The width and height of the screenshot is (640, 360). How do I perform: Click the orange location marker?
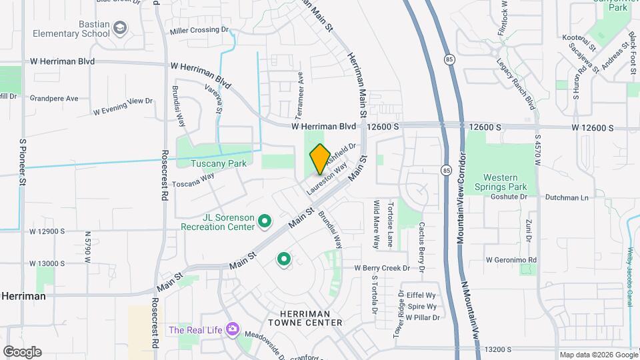pyautogui.click(x=320, y=159)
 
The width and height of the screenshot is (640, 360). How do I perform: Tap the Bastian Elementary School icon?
pyautogui.click(x=120, y=28)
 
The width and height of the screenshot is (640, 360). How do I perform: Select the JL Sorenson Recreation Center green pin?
pyautogui.click(x=264, y=221)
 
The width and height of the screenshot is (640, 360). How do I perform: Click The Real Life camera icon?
pyautogui.click(x=232, y=329)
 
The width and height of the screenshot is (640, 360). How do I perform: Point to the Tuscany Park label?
pyautogui.click(x=219, y=163)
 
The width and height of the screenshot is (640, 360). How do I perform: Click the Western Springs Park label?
pyautogui.click(x=505, y=182)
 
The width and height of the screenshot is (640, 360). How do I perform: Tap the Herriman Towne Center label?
pyautogui.click(x=305, y=317)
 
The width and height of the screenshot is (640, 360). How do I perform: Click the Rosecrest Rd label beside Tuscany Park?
pyautogui.click(x=164, y=174)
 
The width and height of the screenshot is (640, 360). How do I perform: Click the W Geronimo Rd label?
pyautogui.click(x=511, y=259)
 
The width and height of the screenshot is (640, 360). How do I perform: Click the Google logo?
pyautogui.click(x=22, y=352)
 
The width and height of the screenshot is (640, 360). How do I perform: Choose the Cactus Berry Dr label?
pyautogui.click(x=421, y=247)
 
